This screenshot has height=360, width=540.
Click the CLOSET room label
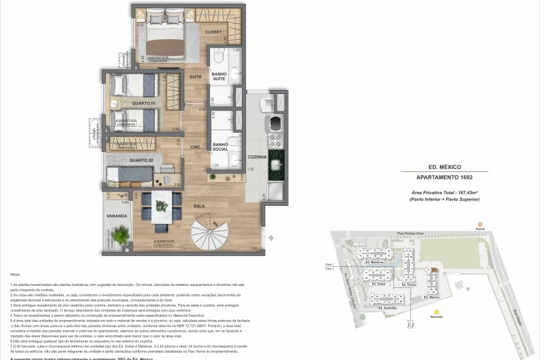(x=213, y=32)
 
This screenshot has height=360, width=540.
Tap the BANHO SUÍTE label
(x=219, y=77)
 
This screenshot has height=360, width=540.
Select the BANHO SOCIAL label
(x=221, y=147)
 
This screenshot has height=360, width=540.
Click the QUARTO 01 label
(x=143, y=103)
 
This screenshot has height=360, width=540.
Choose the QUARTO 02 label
(x=141, y=161)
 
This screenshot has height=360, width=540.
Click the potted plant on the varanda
(x=120, y=235)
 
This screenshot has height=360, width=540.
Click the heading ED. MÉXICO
(x=445, y=167)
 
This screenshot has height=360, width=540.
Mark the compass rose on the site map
(x=459, y=285)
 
